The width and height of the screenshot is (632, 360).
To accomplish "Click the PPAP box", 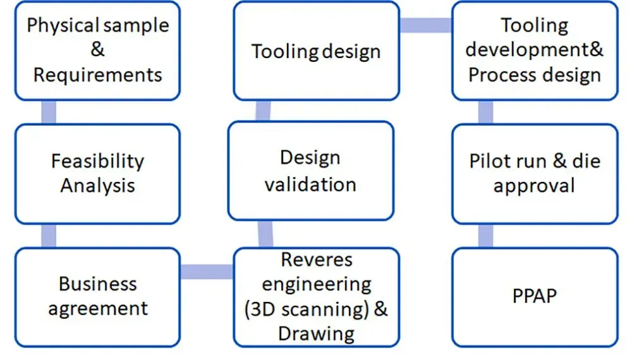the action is [535, 297].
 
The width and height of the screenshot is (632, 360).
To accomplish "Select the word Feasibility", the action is [97, 161].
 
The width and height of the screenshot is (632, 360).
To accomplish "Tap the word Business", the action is [98, 284].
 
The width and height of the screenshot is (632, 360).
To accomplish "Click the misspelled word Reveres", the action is [317, 260].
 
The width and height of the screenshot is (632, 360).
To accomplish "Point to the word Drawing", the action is [317, 334].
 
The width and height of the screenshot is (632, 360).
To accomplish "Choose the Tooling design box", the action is [317, 51].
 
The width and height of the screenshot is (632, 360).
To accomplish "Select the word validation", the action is [310, 185].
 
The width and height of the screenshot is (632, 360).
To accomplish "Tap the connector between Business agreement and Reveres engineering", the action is [207, 272].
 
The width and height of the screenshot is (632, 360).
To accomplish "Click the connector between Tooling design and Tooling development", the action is [425, 25].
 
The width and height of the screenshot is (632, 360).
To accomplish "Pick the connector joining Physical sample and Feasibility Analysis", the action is [49, 112].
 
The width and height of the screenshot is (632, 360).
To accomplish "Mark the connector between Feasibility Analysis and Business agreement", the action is [49, 236].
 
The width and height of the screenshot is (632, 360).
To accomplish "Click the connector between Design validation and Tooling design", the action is [263, 111].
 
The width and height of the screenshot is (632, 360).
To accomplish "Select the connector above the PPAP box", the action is [485, 236].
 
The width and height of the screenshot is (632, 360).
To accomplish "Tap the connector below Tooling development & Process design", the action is [485, 112].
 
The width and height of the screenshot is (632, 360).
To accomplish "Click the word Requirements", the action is [97, 75].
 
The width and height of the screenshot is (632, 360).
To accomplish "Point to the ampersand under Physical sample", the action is [97, 49].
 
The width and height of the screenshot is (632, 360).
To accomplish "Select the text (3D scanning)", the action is [307, 309].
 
